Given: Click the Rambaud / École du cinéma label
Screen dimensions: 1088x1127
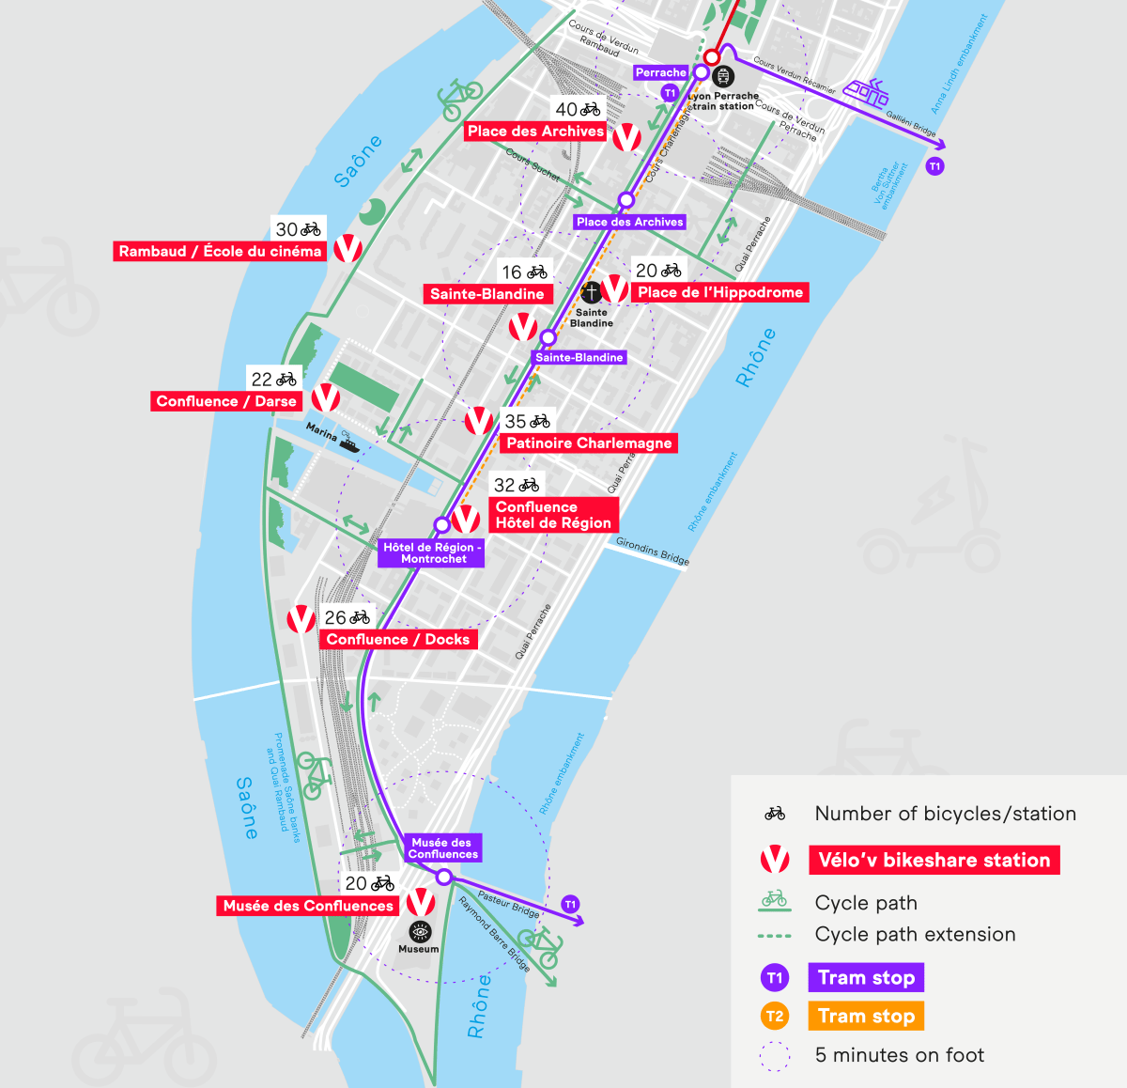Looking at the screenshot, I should tap(220, 252).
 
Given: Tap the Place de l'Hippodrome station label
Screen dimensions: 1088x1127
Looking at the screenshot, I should tap(720, 293).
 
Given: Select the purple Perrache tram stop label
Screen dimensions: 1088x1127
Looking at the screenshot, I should tap(660, 72).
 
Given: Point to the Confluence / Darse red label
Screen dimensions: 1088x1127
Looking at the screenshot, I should tap(226, 401).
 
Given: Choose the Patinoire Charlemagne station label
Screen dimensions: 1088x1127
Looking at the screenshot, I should tap(589, 443).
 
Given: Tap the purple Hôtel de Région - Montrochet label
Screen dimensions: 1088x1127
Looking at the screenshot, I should tap(432, 552).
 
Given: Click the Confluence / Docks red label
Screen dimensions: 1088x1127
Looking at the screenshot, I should tap(398, 640).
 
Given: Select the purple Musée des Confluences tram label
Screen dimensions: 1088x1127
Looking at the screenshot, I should tap(442, 848).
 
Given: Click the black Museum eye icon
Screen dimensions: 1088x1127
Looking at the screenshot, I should tap(420, 931).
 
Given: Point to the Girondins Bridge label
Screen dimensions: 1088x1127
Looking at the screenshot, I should tap(653, 551).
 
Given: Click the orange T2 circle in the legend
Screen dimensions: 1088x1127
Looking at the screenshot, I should tap(775, 1016).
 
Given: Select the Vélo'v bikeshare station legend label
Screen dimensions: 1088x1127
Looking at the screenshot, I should tap(934, 860).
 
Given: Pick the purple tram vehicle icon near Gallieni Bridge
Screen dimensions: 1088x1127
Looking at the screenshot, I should tap(865, 91).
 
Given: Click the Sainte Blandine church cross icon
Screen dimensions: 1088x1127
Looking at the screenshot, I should tap(591, 293).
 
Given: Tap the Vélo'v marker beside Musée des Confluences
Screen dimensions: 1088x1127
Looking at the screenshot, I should tap(421, 902).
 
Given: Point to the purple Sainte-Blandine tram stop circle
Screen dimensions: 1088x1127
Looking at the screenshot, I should tap(548, 338).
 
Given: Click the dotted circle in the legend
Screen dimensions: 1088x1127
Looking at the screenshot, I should tap(775, 1056).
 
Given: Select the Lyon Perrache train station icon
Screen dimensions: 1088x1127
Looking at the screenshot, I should tap(723, 76).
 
